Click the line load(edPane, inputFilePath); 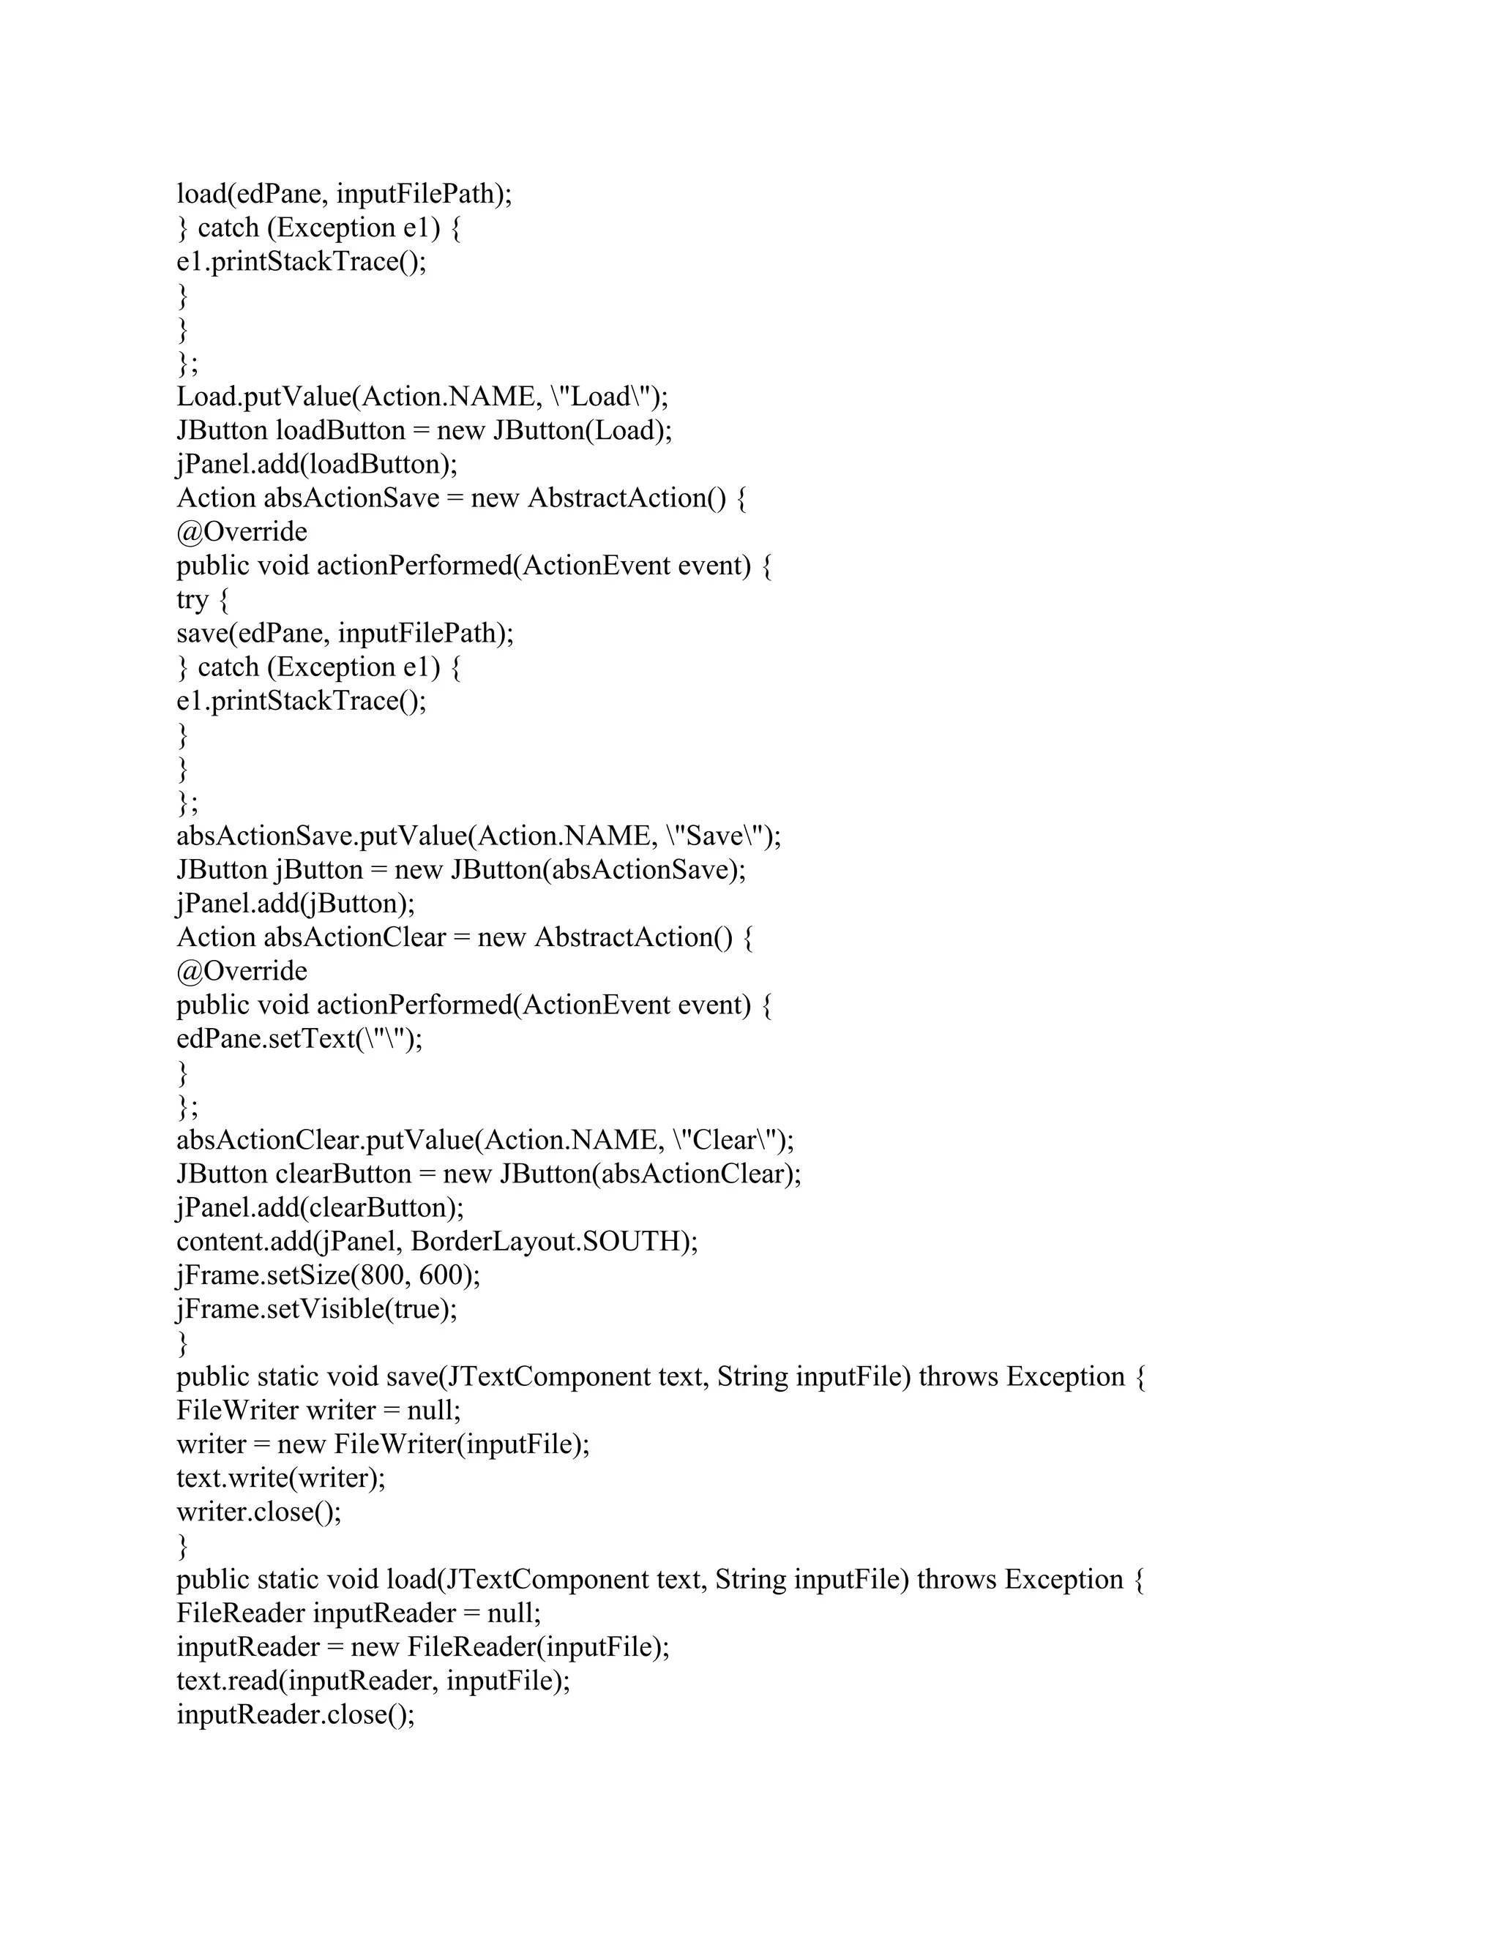click(x=344, y=194)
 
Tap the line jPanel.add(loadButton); click(x=317, y=465)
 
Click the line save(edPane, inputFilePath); click(x=345, y=633)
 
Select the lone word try click(x=192, y=600)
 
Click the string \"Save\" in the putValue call click(x=716, y=836)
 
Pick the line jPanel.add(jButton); click(x=296, y=904)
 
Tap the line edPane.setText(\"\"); click(x=299, y=1039)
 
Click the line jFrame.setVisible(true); click(x=317, y=1309)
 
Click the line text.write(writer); click(x=280, y=1478)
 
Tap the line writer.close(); click(x=258, y=1512)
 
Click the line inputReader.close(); click(x=296, y=1714)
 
